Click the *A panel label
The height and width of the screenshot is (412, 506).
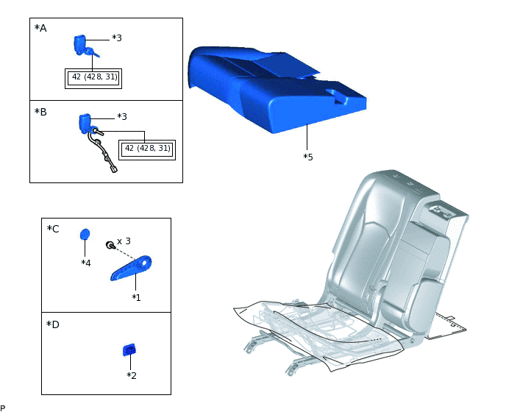40,29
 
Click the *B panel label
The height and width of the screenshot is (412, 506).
40,112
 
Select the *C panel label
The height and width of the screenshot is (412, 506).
53,229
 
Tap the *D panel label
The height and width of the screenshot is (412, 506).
53,324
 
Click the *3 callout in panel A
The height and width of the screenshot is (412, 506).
117,38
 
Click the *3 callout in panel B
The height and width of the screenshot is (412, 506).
122,116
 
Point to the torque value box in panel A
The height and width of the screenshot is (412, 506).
93,79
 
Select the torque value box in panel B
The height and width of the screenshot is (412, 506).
147,150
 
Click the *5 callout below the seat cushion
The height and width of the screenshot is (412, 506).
308,157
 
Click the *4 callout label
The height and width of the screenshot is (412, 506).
86,263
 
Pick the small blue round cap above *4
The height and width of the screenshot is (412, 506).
85,235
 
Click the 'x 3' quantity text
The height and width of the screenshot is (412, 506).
124,241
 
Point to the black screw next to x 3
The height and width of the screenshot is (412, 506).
110,246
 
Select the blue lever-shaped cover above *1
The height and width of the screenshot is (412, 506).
131,268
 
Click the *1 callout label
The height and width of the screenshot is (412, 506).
136,297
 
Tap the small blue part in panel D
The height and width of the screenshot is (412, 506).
129,350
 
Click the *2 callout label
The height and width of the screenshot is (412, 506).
132,375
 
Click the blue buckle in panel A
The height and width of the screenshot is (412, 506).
80,45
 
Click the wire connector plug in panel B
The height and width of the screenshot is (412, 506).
114,169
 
